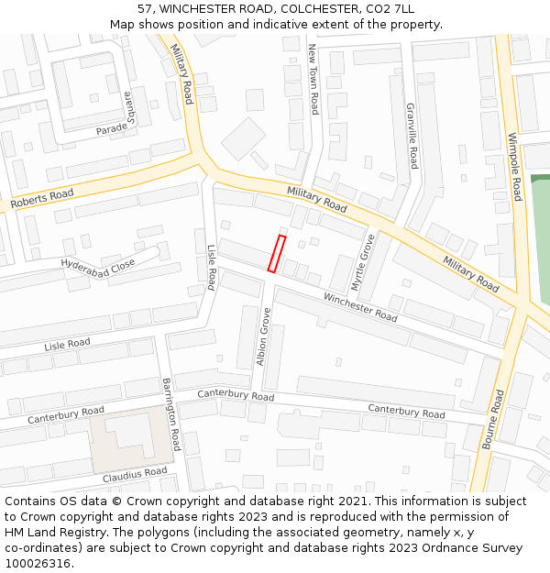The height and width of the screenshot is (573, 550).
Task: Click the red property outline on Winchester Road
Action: pyautogui.click(x=276, y=253)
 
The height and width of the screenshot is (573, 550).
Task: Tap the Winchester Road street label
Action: pyautogui.click(x=360, y=307)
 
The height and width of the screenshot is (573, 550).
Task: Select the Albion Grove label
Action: pyautogui.click(x=264, y=336)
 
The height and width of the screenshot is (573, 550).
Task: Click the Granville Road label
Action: pyautogui.click(x=412, y=135)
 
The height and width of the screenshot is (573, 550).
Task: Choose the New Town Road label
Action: pyautogui.click(x=313, y=79)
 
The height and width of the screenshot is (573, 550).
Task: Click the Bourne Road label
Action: pyautogui.click(x=493, y=419)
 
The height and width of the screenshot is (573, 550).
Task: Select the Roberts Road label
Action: pyautogui.click(x=42, y=199)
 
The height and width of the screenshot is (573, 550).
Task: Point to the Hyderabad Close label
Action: pyautogui.click(x=98, y=266)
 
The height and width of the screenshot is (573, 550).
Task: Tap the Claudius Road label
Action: pyautogui.click(x=135, y=474)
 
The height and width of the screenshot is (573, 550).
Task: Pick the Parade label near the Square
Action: pyautogui.click(x=112, y=129)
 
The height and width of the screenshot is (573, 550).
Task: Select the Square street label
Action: pyautogui.click(x=129, y=108)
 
